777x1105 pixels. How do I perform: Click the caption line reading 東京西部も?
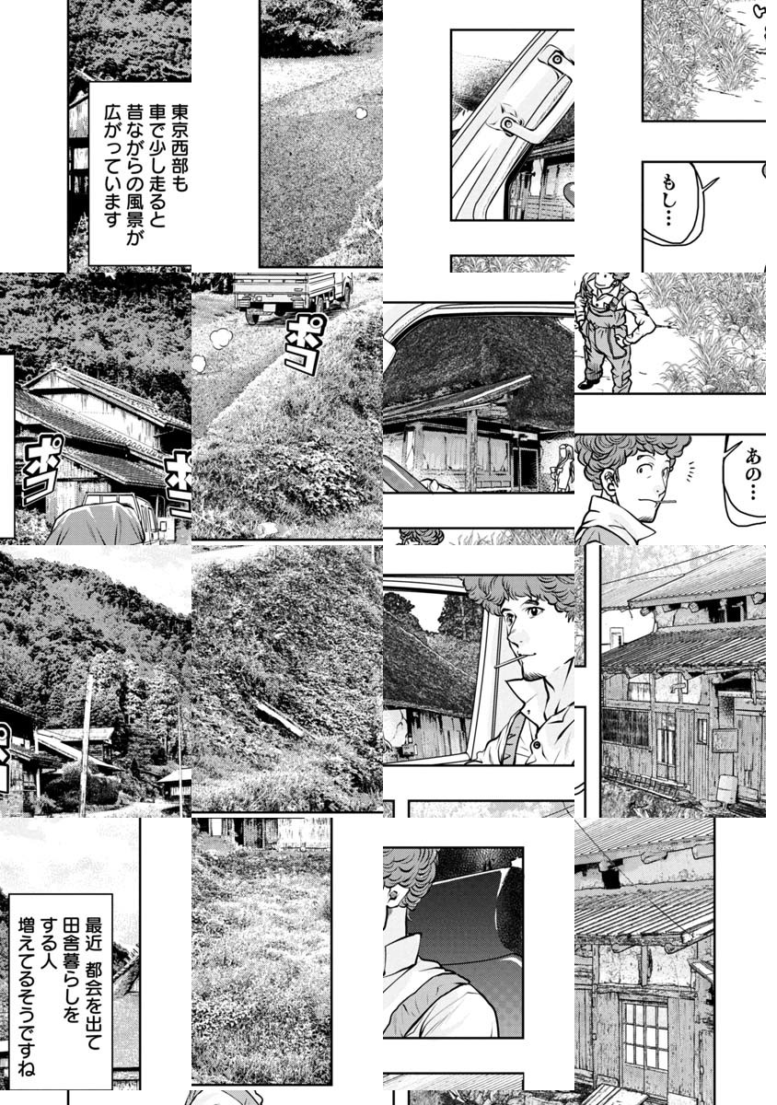pyautogui.click(x=179, y=147)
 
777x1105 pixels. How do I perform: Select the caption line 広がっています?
pyautogui.click(x=112, y=165)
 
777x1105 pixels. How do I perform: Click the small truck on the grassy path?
pyautogui.click(x=292, y=297)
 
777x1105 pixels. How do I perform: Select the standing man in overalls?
pyautogui.click(x=613, y=331)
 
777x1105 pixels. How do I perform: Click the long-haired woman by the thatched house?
pyautogui.click(x=564, y=467)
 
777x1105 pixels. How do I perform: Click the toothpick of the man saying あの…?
pyautogui.click(x=669, y=503)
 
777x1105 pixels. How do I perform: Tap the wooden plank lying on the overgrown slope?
pyautogui.click(x=280, y=719)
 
